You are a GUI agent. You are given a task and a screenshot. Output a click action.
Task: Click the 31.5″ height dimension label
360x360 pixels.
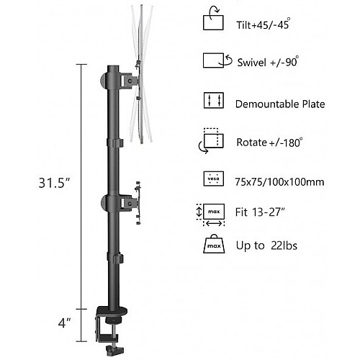coord(54,183)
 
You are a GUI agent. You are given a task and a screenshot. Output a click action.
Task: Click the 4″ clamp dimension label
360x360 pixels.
coord(65,323)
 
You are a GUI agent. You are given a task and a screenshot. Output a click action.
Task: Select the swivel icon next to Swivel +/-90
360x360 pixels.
coord(217,60)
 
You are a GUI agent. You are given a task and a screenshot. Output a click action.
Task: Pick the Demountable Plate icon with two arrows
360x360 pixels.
coord(214,100)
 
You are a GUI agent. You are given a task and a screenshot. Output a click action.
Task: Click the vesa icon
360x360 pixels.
coord(214,179)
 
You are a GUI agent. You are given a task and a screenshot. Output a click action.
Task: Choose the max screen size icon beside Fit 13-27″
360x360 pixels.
coord(211,215)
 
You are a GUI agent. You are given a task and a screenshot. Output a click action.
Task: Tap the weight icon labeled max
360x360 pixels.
coord(214,244)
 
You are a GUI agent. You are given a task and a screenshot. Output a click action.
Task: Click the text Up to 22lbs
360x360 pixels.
coord(266,246)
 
